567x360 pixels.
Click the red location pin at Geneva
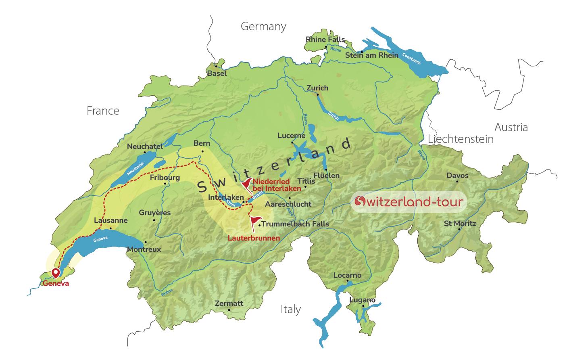[56, 273]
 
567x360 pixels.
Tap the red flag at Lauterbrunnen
[255, 221]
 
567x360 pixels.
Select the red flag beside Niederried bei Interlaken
[246, 184]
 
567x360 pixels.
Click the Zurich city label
[317, 88]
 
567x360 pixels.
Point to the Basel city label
[217, 73]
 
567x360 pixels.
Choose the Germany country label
[263, 27]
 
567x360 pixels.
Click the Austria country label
[511, 128]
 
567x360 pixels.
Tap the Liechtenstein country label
[461, 139]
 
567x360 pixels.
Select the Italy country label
[290, 310]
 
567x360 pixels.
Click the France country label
[103, 111]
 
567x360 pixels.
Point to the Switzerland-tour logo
[409, 201]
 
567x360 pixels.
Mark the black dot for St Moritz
[459, 229]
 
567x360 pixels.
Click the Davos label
[457, 176]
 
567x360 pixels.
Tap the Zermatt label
[229, 303]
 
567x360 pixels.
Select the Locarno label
[347, 275]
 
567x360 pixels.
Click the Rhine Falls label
[325, 40]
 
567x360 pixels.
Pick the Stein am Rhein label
[371, 55]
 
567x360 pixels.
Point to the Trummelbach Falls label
[295, 224]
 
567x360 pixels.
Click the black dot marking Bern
[202, 151]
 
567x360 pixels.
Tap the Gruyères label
[154, 213]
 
